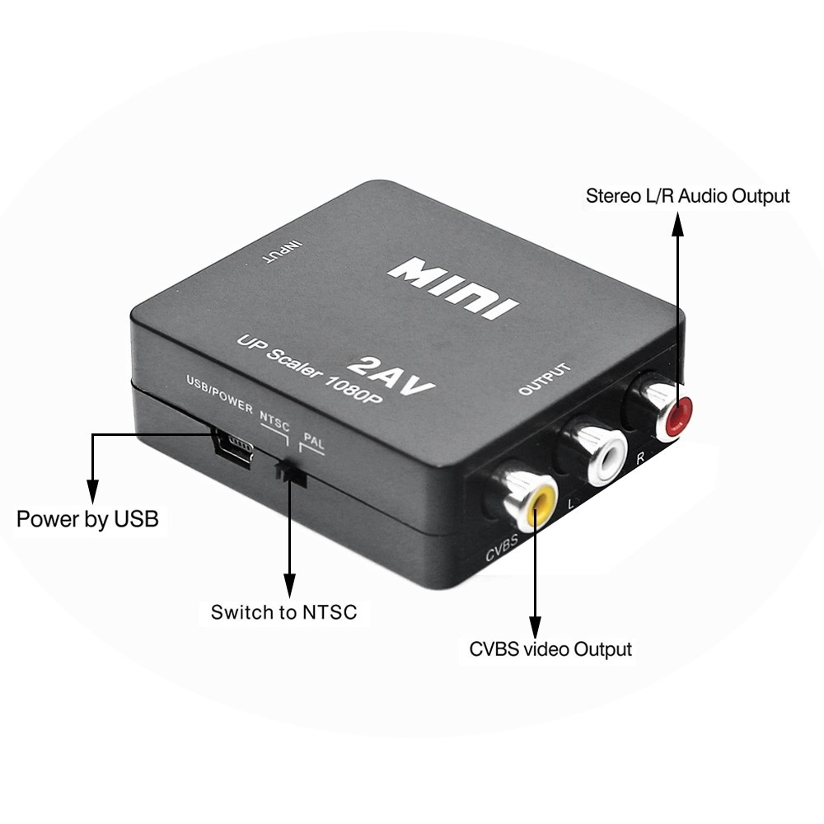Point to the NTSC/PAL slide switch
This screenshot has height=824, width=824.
click(291, 473)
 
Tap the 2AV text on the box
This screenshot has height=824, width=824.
click(392, 375)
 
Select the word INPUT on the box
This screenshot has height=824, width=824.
click(283, 251)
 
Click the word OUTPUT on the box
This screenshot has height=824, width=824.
click(545, 378)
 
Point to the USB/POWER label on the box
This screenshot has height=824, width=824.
click(220, 394)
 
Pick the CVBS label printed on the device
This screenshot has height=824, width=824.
click(501, 547)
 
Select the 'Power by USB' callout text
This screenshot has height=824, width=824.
click(88, 519)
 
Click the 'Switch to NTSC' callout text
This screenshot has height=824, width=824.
click(283, 612)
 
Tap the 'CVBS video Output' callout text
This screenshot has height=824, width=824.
click(550, 649)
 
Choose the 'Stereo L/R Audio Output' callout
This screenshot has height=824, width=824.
click(687, 196)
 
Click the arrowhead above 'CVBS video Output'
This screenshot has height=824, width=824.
click(535, 628)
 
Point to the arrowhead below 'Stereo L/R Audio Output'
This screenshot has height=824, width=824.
click(678, 224)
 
